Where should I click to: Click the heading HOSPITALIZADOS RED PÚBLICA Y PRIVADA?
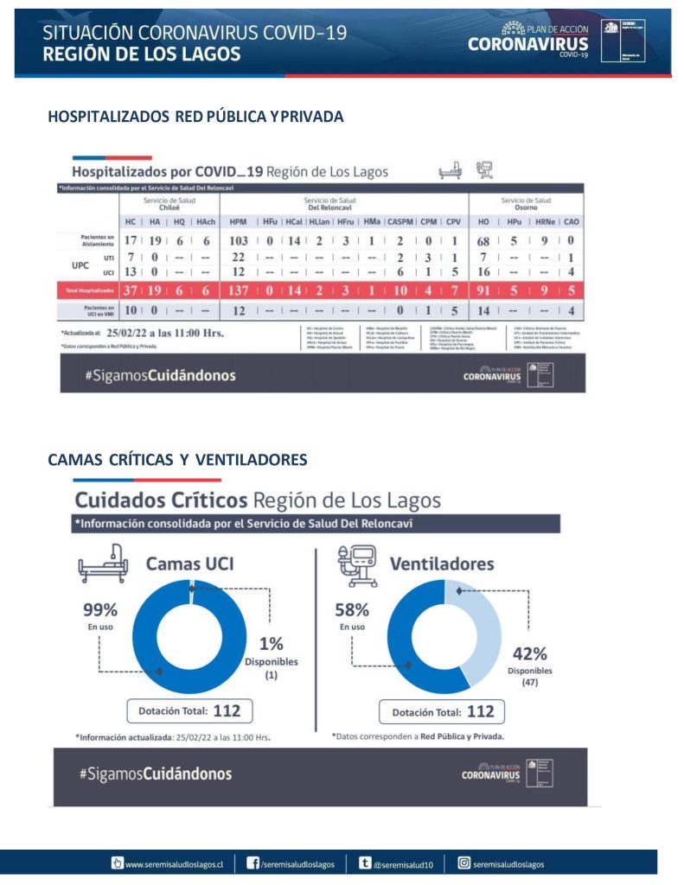point(195,117)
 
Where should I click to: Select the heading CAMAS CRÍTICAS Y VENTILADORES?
point(177,459)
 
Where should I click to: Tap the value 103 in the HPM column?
point(239,239)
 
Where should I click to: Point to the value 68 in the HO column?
point(484,239)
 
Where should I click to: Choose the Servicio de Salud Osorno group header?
point(526,203)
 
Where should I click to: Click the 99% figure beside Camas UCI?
point(100,608)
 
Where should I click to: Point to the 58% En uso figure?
point(352,608)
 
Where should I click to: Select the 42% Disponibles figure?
point(529,653)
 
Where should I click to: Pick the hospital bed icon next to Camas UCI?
point(103,564)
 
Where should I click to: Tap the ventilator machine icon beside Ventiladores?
point(355,563)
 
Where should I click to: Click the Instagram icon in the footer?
point(464,863)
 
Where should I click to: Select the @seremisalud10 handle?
point(409,863)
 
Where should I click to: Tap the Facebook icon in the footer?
point(253,863)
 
